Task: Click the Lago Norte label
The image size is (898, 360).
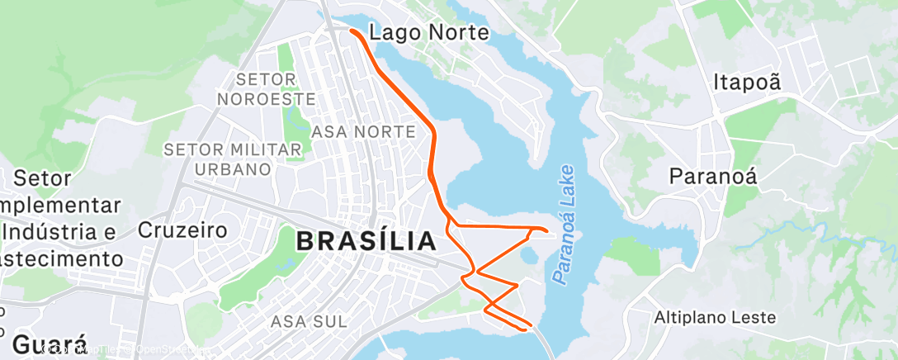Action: [429, 33]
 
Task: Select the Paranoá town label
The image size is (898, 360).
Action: [713, 176]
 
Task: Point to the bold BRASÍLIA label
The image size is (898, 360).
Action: [366, 241]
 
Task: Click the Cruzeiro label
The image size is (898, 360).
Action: [182, 230]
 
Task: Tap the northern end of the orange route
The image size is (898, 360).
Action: [352, 31]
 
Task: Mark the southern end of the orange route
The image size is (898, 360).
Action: [525, 329]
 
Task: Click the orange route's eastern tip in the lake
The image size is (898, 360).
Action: [546, 230]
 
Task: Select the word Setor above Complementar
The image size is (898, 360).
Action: [44, 178]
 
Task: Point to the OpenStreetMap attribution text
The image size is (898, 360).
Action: [169, 350]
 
